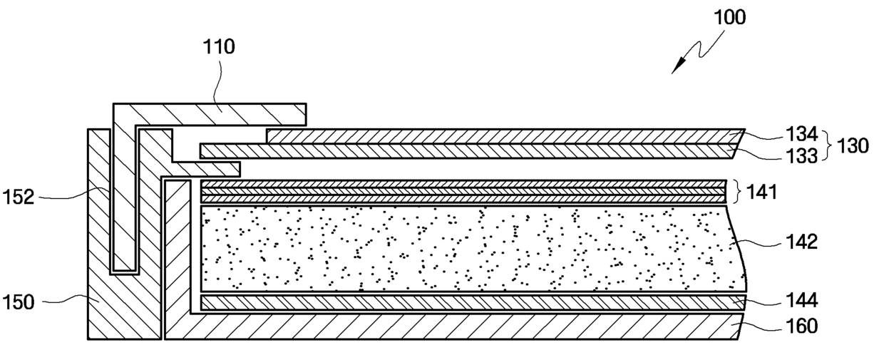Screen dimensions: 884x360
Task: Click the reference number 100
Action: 729,17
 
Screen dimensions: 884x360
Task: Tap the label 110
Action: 220,48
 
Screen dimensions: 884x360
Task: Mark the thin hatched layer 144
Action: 463,303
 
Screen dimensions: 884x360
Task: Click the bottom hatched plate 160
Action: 463,327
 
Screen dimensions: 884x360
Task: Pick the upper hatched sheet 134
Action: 499,135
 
